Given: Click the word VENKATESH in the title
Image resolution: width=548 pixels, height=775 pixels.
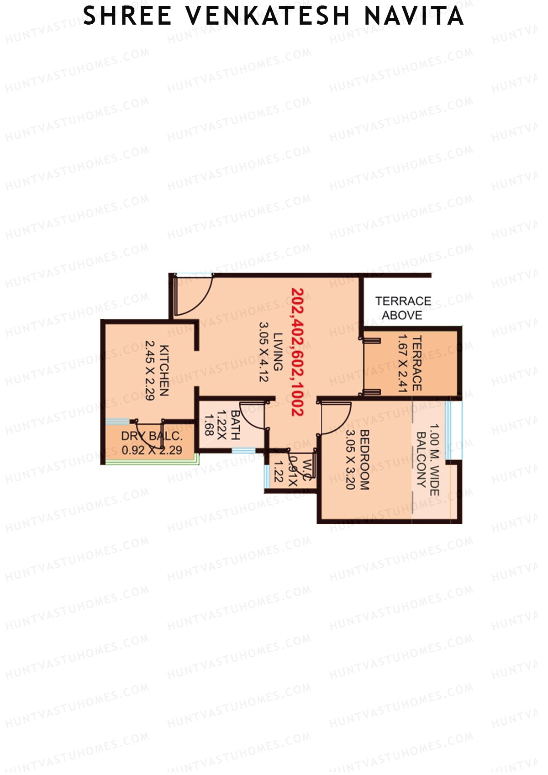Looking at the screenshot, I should (x=268, y=16).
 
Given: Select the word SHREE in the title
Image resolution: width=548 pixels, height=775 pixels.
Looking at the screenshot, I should (x=127, y=16).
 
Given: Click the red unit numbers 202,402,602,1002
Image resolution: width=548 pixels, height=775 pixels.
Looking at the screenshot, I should (x=298, y=351).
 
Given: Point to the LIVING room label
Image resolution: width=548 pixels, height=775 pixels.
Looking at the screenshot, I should (x=278, y=352).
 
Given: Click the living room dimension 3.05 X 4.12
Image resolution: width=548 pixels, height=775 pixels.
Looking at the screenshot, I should (x=264, y=352).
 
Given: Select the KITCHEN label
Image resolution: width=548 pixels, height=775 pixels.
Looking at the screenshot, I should (x=164, y=370).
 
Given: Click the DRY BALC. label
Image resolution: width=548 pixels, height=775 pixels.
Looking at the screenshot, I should (x=151, y=436).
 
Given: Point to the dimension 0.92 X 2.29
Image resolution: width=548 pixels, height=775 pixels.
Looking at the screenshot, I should (x=152, y=450).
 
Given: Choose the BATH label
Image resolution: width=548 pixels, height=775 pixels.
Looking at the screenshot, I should (x=235, y=425).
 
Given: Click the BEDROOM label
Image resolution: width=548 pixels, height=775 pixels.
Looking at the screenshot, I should (x=364, y=459).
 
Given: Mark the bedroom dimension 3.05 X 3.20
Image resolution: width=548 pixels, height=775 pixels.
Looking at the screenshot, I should (x=351, y=459).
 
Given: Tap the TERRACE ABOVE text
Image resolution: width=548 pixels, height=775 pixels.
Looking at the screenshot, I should (x=403, y=308).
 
